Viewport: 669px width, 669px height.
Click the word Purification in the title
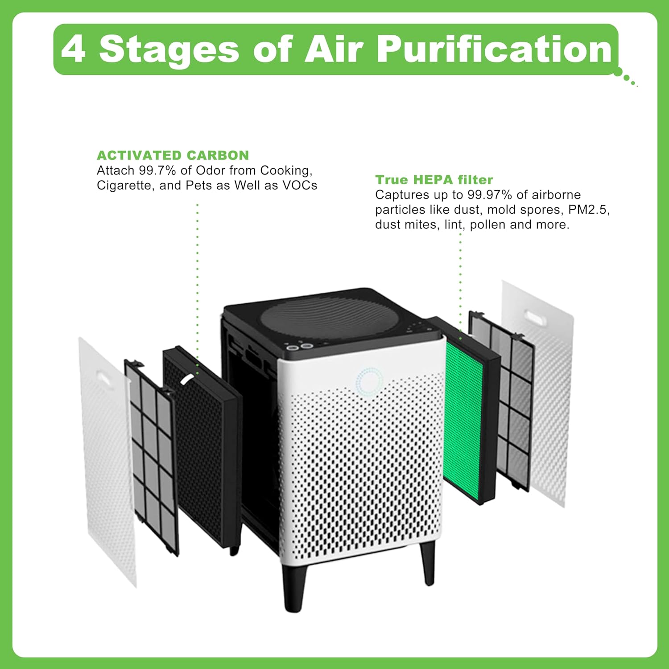[494, 49]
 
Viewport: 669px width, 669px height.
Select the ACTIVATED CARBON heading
[173, 155]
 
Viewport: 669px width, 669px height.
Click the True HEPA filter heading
[434, 179]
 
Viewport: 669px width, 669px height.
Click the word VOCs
[300, 186]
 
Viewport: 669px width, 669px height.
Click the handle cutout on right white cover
[537, 318]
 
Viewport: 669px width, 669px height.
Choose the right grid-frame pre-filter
[502, 401]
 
